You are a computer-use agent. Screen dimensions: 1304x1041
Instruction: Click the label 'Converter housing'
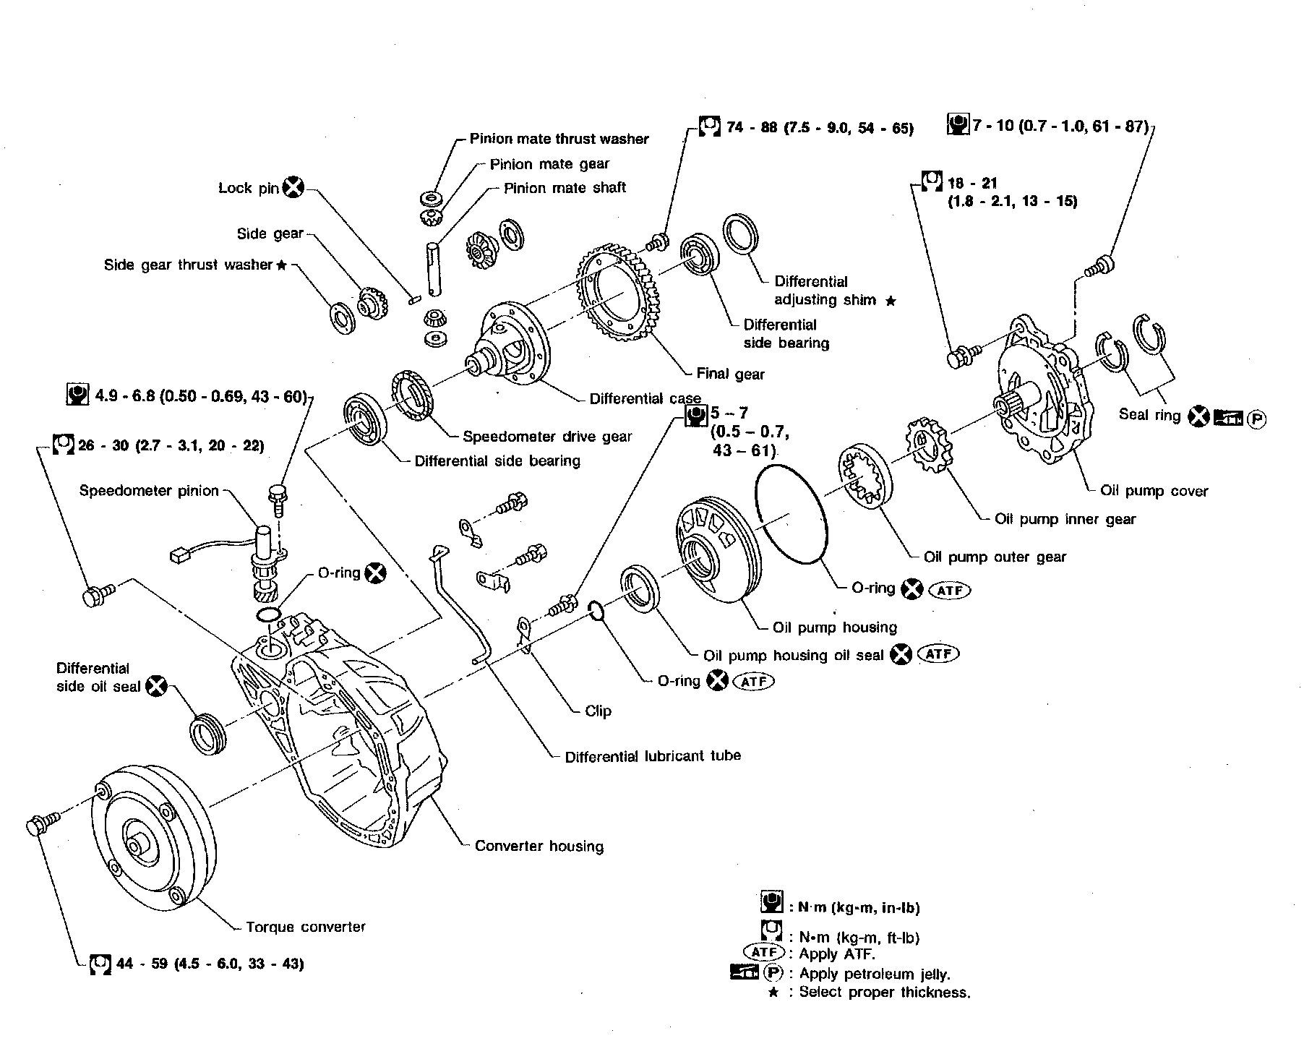(539, 846)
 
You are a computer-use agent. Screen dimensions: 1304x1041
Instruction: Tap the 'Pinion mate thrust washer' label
(559, 139)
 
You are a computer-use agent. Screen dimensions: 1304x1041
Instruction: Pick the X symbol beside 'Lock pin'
(293, 187)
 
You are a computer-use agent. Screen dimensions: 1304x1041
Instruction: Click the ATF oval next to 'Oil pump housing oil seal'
(938, 654)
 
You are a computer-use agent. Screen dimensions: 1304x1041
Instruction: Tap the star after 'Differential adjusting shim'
(891, 300)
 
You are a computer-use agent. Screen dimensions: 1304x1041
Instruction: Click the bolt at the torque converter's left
(43, 824)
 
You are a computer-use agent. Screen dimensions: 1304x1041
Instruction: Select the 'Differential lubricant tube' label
(653, 756)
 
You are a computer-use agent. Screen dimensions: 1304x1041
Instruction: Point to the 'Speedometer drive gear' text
(547, 437)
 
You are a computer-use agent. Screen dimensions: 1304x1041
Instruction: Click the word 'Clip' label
(598, 711)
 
